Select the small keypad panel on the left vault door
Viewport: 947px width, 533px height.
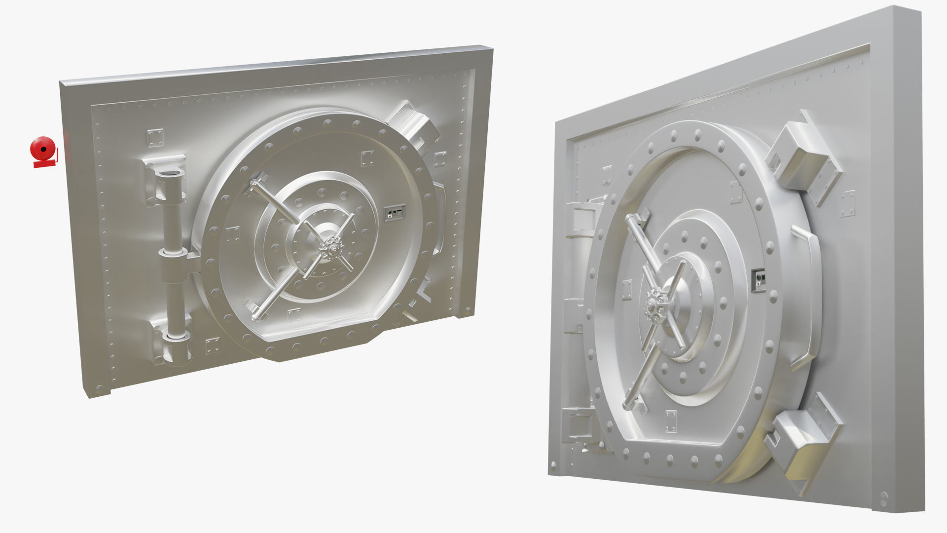pos(395,213)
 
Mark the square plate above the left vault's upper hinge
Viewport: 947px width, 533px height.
pos(154,138)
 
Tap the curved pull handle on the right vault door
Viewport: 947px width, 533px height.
pos(806,296)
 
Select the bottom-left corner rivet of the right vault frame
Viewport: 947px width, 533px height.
pos(553,465)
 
